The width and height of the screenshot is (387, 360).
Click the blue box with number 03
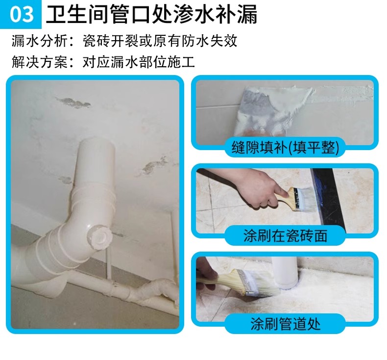(21, 14)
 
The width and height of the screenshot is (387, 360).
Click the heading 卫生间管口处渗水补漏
(151, 14)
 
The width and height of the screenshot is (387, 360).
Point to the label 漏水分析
(39, 41)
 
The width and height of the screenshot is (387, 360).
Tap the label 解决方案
(39, 62)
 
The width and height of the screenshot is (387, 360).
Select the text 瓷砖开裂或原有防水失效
(160, 41)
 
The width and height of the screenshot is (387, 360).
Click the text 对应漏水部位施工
(139, 62)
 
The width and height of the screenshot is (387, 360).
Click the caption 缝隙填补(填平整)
(285, 148)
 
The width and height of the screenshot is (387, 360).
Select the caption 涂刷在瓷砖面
(285, 236)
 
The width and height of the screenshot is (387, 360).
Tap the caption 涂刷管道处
(285, 324)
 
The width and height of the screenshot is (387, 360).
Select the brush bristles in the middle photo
(308, 199)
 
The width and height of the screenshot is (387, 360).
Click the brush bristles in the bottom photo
(262, 284)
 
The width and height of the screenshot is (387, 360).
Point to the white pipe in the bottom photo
(286, 272)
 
